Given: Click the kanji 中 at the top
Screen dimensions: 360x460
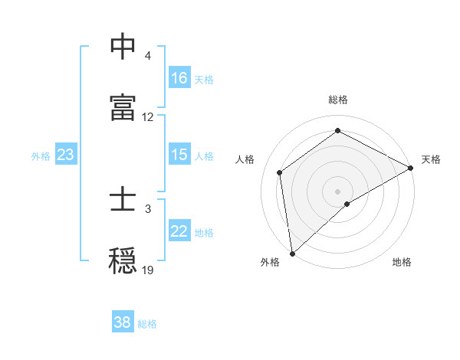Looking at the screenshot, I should [123, 47].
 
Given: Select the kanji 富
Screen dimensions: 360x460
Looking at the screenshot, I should [123, 106].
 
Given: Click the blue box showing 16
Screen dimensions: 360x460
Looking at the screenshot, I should [179, 78].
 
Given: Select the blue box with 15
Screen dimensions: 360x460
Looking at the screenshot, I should [179, 155].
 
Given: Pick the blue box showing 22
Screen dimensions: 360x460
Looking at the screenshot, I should [179, 231].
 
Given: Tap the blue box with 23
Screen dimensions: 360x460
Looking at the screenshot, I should [66, 155].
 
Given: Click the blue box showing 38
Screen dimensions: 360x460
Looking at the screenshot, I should [123, 322].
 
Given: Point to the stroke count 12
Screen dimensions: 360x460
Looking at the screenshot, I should [148, 117].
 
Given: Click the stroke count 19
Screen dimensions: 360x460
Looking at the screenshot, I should [148, 270].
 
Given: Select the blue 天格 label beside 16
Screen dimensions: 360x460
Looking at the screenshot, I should [204, 79].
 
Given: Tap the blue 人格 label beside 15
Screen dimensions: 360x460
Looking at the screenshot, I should [204, 155].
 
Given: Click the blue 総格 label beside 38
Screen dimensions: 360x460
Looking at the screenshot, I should [147, 323].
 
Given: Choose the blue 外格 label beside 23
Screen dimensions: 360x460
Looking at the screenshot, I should [41, 155].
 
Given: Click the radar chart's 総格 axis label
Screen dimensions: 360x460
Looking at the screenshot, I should [337, 100].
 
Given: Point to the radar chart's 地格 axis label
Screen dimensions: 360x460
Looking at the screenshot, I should [402, 262].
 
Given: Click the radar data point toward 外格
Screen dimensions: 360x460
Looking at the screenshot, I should [292, 253].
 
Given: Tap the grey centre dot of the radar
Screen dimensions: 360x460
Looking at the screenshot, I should [337, 191].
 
